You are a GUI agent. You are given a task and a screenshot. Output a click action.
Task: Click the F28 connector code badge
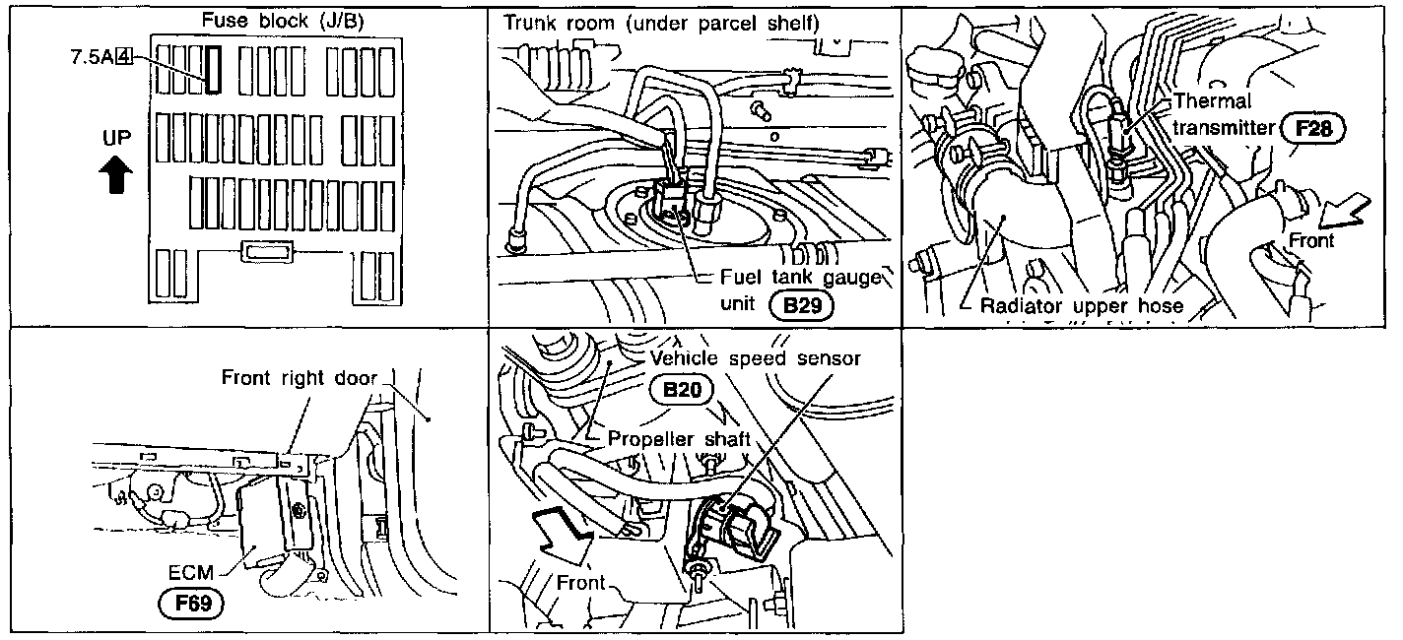pos(1313,129)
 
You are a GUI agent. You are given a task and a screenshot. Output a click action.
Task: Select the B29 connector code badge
pos(802,305)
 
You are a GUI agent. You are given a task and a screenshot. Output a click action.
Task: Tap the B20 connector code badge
pos(682,390)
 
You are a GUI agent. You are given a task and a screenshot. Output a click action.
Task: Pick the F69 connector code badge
pos(192,604)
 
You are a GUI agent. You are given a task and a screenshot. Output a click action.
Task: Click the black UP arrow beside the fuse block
pos(116,174)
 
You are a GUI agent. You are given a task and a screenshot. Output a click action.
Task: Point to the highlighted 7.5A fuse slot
pos(214,70)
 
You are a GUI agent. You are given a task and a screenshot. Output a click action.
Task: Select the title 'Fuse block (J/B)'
pos(283,21)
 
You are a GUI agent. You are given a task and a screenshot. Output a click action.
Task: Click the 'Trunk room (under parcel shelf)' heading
pos(661,24)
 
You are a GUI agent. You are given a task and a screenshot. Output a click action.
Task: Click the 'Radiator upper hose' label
pos(1082,305)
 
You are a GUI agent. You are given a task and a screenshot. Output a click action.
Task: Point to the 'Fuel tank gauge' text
pos(801,277)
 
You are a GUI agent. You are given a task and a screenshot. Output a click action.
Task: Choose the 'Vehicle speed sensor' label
pos(756,358)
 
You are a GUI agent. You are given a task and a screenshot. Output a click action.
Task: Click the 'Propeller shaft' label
pos(679,439)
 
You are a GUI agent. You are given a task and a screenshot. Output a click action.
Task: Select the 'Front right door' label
pos(300,378)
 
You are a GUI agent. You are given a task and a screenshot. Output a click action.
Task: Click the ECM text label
pos(191,572)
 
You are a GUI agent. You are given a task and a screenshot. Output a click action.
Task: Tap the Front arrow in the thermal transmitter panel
pos(1346,215)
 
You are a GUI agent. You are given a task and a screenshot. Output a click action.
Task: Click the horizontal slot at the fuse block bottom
pos(267,252)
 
